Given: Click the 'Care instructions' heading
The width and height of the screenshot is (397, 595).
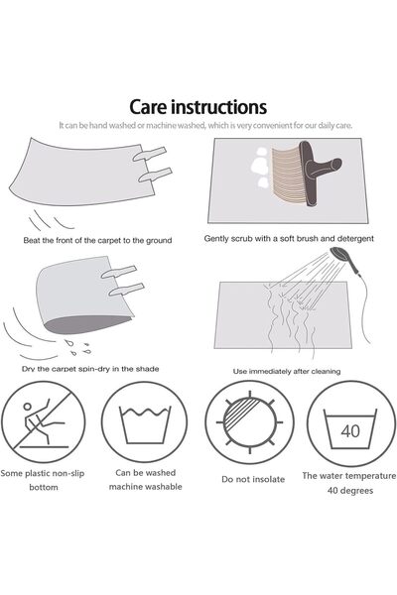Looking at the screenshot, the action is [x=198, y=107].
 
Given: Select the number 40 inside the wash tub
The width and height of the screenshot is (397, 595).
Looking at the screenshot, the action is [x=350, y=431].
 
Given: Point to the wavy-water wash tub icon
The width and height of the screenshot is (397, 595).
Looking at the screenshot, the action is [x=145, y=424].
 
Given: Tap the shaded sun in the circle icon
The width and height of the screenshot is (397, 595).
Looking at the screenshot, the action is [x=249, y=422].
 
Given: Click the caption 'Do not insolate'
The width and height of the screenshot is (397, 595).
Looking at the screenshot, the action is [x=253, y=479].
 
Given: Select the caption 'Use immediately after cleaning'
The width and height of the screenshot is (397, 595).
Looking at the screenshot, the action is [x=287, y=371].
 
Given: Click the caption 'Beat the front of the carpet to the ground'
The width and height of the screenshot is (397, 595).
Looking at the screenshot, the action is [x=97, y=240].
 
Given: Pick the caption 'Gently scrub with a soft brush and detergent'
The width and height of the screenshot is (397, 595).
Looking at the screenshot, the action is [x=289, y=239].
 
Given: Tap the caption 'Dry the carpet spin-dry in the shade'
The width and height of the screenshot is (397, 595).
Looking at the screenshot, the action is [x=90, y=369].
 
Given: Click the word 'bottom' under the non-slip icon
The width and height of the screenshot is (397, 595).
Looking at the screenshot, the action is [x=44, y=487].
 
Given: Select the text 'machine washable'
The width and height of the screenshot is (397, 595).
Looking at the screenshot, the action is [x=146, y=487].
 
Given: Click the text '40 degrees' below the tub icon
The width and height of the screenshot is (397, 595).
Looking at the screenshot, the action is [x=350, y=490].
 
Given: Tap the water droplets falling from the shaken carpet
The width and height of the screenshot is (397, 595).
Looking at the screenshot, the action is [x=77, y=347].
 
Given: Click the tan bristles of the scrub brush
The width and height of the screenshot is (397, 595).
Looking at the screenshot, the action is [x=288, y=172].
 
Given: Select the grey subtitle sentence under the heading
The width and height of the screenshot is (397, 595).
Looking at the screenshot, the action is [x=205, y=125].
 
